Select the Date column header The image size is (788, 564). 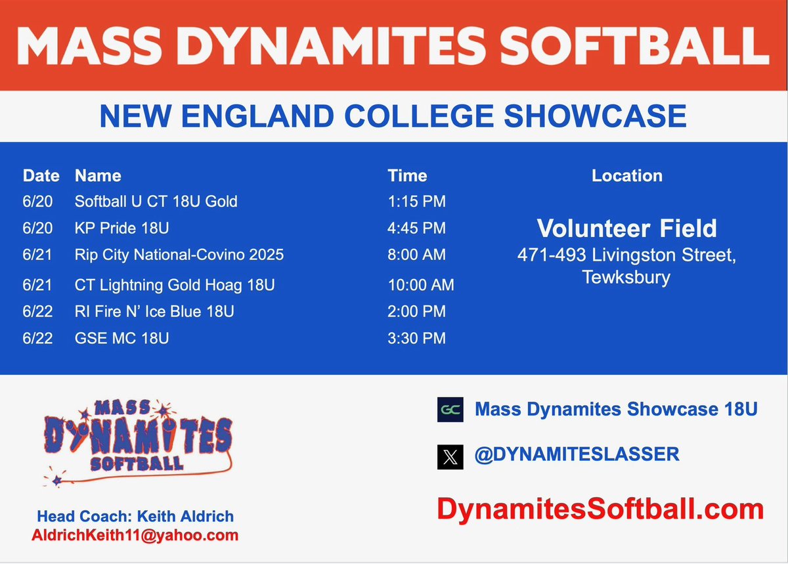coord(41,175)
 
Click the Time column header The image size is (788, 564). coord(407,175)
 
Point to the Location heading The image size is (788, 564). coord(626,175)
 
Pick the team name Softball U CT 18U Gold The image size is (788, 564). coord(156,201)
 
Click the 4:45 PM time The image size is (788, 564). coord(416,228)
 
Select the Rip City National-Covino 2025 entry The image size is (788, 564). coord(179,255)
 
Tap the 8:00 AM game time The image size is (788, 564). coord(416,255)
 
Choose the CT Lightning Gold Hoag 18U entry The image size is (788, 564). coord(175,285)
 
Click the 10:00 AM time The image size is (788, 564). coord(421,285)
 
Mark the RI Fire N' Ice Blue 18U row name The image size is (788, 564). coord(154,311)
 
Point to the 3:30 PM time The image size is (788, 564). coord(416,338)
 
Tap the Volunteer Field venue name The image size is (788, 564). coord(626,228)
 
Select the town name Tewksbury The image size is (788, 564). coord(626,276)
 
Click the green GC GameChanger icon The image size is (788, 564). coord(450,410)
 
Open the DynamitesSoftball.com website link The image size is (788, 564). coord(600,510)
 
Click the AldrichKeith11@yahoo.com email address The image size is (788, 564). coord(135,535)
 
